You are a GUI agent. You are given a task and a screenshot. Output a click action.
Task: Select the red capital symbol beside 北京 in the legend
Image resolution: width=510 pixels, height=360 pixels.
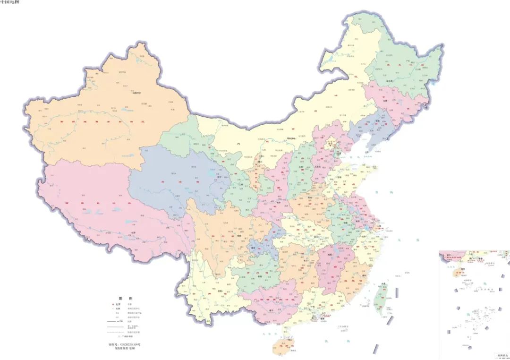tap(114, 305)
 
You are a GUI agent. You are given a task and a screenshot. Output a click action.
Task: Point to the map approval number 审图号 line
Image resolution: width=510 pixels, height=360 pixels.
tap(124, 344)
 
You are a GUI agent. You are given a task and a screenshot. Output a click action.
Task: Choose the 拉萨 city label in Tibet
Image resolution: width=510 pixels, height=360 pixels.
tap(133, 232)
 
